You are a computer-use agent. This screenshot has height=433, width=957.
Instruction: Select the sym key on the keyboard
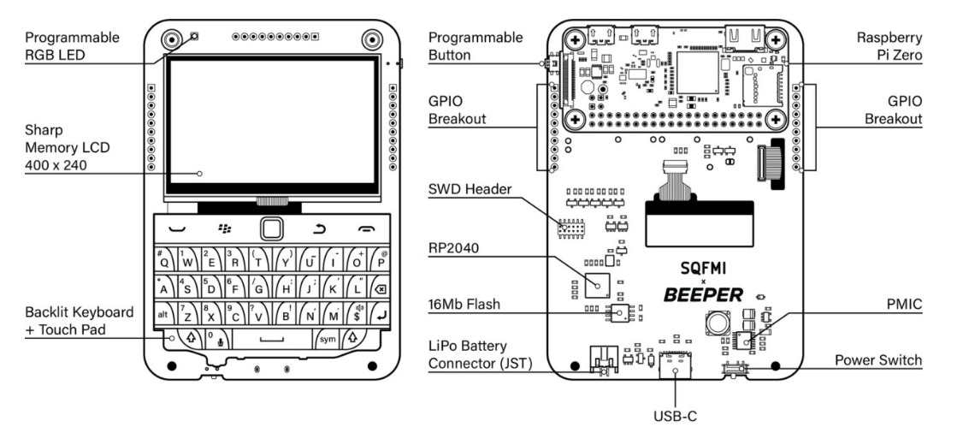coord(328,339)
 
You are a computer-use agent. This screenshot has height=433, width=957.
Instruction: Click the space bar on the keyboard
coord(270,339)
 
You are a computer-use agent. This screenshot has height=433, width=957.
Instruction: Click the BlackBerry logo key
coord(225,228)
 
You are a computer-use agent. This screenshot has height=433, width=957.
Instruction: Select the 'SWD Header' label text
coord(469,189)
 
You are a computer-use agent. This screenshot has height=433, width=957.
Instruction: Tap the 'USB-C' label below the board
coord(676,417)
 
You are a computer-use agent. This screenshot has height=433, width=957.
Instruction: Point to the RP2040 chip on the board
coord(598,283)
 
